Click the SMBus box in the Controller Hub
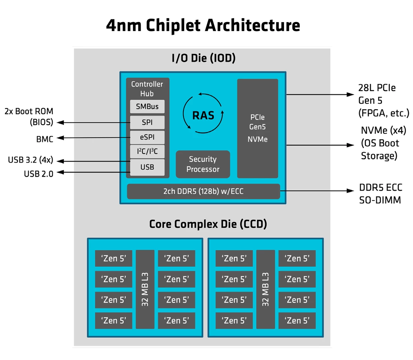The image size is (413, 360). pyautogui.click(x=147, y=106)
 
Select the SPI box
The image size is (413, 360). pyautogui.click(x=147, y=122)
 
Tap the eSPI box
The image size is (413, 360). pyautogui.click(x=147, y=137)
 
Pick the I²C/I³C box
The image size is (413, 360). pyautogui.click(x=147, y=152)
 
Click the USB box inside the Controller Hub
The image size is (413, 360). pyautogui.click(x=147, y=167)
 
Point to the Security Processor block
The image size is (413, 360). pyautogui.click(x=203, y=164)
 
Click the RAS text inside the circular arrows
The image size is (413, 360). pyautogui.click(x=203, y=115)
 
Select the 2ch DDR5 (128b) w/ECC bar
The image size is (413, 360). pyautogui.click(x=203, y=192)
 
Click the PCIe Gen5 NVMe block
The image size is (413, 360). pyautogui.click(x=257, y=128)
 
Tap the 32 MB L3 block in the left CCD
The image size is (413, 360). pyautogui.click(x=145, y=289)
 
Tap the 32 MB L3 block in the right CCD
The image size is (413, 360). pyautogui.click(x=265, y=289)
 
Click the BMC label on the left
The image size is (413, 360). pyautogui.click(x=45, y=139)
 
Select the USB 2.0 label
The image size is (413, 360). pyautogui.click(x=39, y=174)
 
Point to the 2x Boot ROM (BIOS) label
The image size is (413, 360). pyautogui.click(x=29, y=116)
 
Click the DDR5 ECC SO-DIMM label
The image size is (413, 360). pyautogui.click(x=380, y=194)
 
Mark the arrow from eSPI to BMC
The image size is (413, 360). pyautogui.click(x=93, y=138)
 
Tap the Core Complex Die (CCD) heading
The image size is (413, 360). pyautogui.click(x=208, y=224)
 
